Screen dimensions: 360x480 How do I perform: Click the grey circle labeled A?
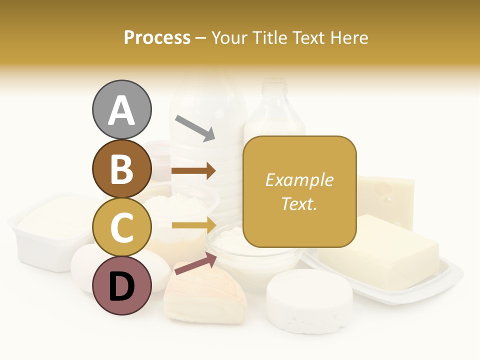121,110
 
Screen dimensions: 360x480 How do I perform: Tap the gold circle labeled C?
121,227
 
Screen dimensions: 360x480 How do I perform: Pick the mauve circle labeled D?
121,285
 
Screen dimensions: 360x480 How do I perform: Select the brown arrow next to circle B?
193,171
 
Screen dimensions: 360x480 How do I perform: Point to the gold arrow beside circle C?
193,225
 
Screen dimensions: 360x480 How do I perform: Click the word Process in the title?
157,37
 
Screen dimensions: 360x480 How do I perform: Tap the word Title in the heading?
269,37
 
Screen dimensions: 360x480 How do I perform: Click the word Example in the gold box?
299,180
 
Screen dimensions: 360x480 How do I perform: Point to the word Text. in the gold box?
299,203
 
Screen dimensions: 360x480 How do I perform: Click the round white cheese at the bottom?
309,300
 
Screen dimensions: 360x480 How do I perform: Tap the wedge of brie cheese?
205,295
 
